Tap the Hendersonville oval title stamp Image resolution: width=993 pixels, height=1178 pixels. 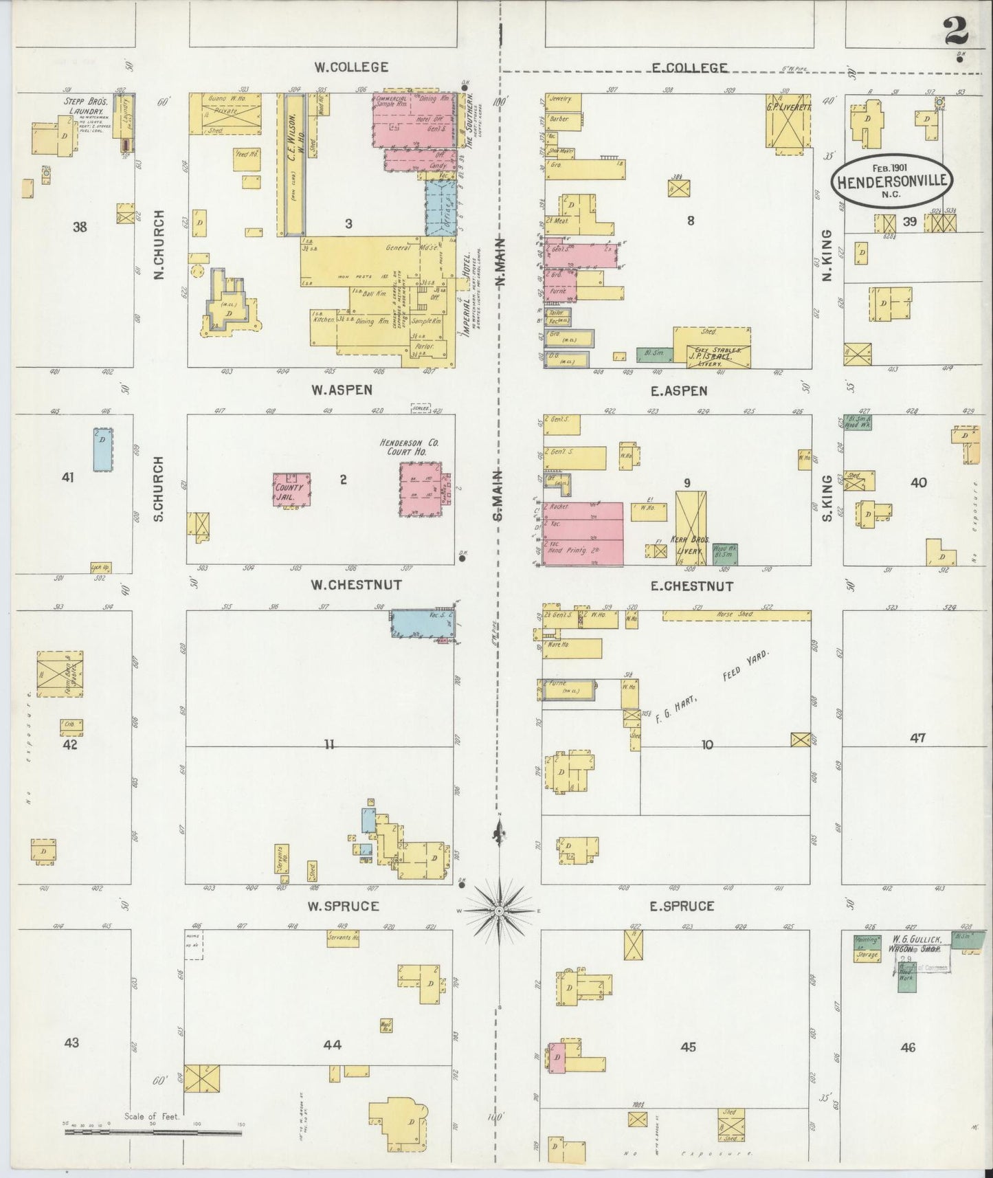point(892,181)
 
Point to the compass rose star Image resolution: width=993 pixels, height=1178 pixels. point(500,911)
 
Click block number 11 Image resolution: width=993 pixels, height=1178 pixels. point(329,743)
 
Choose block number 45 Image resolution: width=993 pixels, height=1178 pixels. point(688,1047)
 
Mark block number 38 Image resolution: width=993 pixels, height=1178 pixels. point(80,226)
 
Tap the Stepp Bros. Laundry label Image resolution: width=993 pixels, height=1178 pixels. point(80,105)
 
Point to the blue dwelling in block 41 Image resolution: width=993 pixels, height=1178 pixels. point(103,449)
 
